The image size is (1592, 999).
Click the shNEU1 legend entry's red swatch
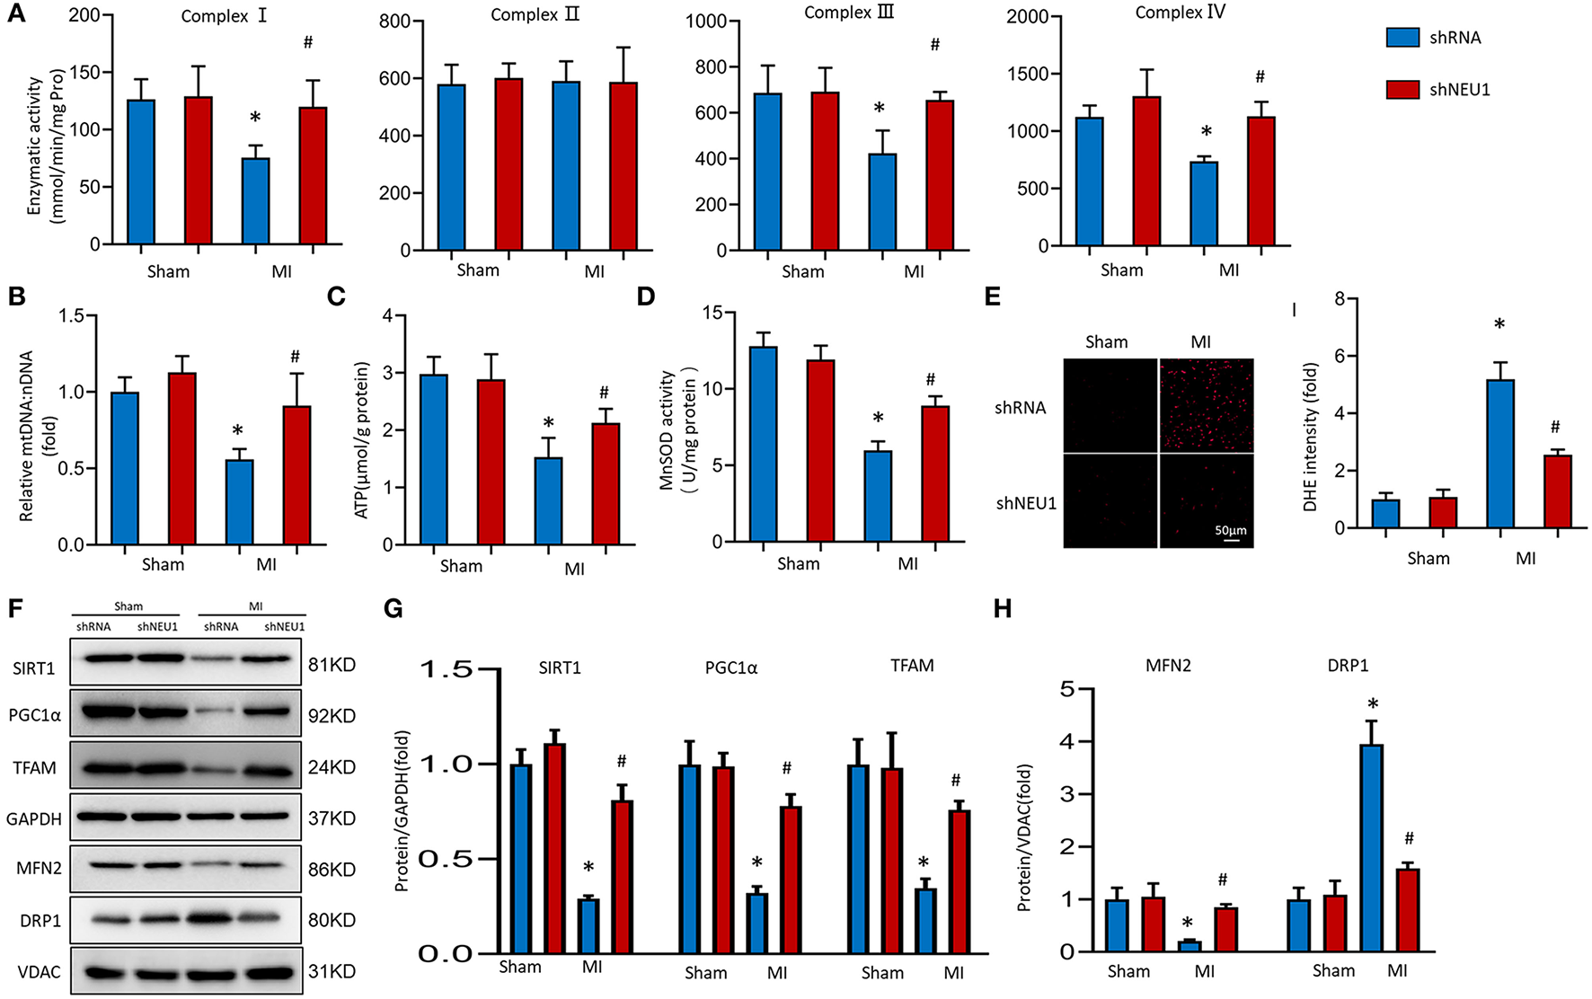pyautogui.click(x=1402, y=89)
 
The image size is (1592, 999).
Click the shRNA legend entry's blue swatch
pyautogui.click(x=1402, y=37)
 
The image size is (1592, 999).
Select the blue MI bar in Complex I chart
pyautogui.click(x=256, y=201)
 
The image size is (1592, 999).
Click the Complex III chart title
pyautogui.click(x=849, y=13)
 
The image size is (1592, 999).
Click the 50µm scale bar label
pyautogui.click(x=1230, y=530)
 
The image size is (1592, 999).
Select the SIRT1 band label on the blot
pyautogui.click(x=34, y=668)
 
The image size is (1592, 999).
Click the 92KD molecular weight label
pyautogui.click(x=332, y=716)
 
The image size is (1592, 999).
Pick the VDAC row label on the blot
pyautogui.click(x=39, y=972)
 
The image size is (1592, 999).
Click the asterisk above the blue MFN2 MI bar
pyautogui.click(x=1188, y=924)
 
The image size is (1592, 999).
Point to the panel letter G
pyautogui.click(x=393, y=609)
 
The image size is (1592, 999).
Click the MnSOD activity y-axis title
pyautogui.click(x=679, y=428)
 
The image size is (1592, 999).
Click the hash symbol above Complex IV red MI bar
pyautogui.click(x=1260, y=77)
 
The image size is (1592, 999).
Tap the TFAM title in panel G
pyautogui.click(x=912, y=666)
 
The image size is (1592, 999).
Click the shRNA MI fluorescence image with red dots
pyautogui.click(x=1206, y=404)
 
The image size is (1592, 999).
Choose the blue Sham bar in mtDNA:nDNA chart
pyautogui.click(x=124, y=468)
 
